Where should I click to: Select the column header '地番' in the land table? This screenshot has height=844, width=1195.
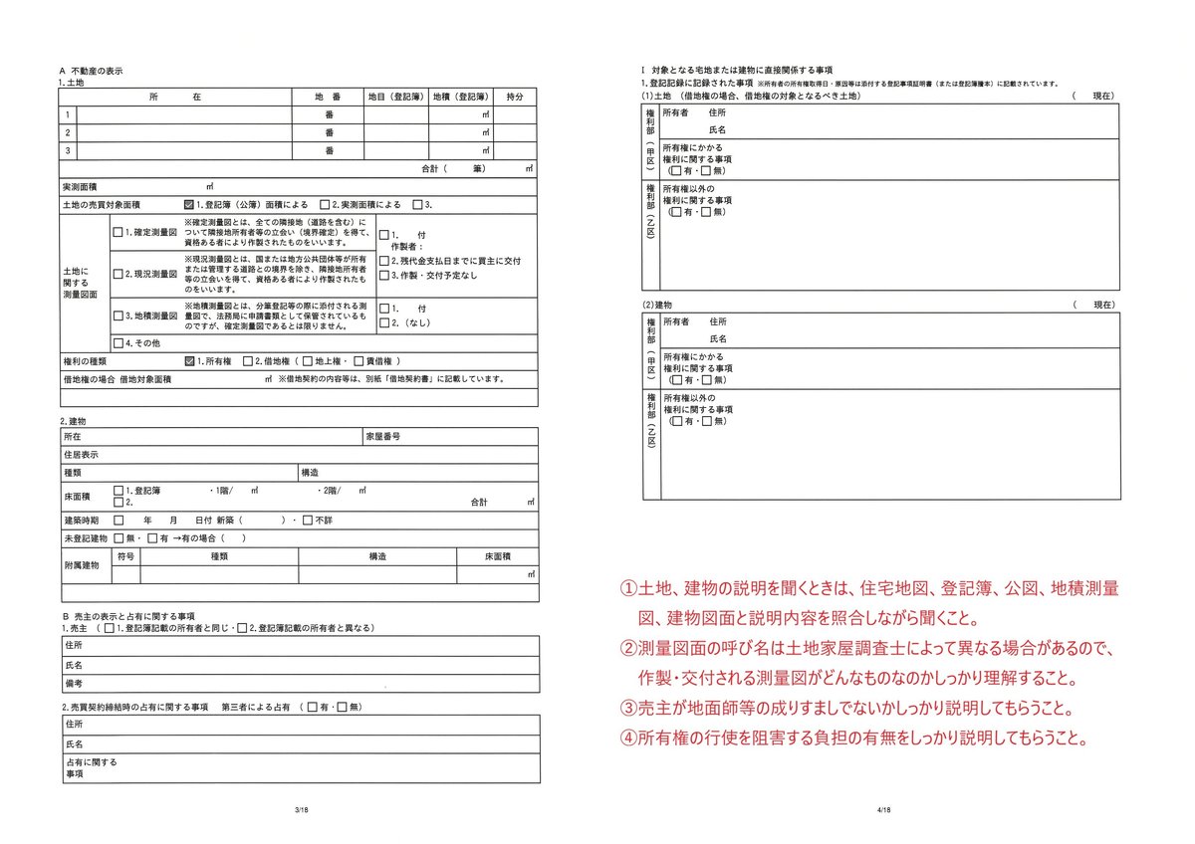329,97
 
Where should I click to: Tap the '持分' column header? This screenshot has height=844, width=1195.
515,97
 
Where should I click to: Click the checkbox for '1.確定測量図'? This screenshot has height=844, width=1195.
118,232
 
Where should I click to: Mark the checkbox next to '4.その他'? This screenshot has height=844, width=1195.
118,343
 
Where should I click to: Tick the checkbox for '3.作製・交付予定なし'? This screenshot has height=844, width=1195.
383,276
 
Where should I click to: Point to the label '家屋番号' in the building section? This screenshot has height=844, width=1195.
382,437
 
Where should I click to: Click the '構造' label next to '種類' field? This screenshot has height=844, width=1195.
310,473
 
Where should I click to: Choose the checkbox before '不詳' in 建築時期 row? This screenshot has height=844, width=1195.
308,521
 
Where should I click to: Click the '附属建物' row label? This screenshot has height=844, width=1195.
81,565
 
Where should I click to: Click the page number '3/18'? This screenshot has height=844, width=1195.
303,811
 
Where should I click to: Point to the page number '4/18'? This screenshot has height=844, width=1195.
882,811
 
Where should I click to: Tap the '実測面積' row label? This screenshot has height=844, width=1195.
80,186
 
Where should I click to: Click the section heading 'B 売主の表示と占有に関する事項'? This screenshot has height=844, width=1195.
127,617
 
